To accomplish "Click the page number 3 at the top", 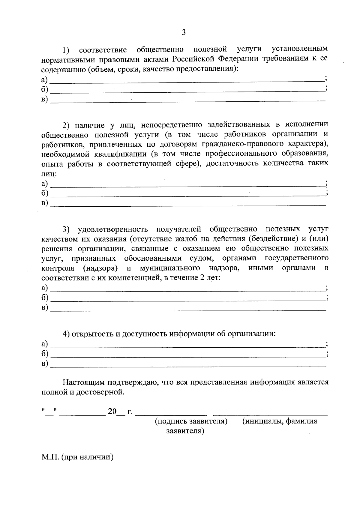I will [184, 32].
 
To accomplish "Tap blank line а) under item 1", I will [187, 80].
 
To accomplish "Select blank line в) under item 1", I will [187, 100].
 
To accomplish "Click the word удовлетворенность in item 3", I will [113, 229].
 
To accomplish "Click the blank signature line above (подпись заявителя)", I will [171, 415].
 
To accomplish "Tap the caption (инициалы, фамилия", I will [280, 421].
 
